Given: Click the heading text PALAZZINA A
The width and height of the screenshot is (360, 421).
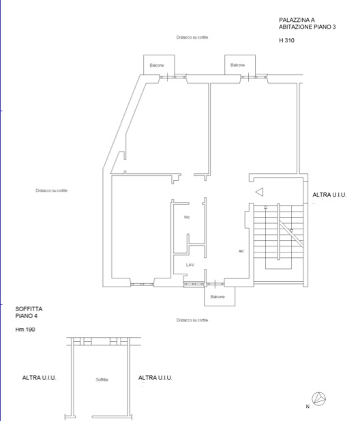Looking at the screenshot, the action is click(x=297, y=20).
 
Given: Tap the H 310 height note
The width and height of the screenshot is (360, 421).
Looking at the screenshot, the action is click(x=286, y=40).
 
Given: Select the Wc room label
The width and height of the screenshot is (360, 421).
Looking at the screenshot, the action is click(x=187, y=217).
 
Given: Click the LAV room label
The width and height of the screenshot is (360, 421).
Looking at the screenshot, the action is click(x=190, y=265).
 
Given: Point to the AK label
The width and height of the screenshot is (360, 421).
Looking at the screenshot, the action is click(x=241, y=251).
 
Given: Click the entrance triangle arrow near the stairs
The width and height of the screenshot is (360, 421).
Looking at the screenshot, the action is click(x=259, y=192).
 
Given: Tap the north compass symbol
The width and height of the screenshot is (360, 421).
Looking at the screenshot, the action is click(x=318, y=399).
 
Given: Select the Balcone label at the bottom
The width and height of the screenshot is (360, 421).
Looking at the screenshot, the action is click(x=217, y=297).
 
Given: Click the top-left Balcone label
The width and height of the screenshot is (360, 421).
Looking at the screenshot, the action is click(x=157, y=66).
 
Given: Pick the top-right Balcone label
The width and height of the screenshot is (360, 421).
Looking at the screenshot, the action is click(x=238, y=65).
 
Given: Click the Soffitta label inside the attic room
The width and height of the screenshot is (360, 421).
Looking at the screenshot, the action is click(x=102, y=379).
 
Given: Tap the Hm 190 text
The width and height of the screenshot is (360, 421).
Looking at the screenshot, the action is click(x=25, y=330).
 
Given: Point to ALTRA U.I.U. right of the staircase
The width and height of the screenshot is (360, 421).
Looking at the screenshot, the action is click(x=329, y=195).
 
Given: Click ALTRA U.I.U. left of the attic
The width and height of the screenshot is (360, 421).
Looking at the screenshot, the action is click(x=39, y=378).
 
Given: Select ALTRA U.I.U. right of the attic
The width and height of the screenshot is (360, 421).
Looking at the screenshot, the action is click(x=155, y=378).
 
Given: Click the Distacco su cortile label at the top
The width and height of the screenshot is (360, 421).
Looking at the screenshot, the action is click(x=192, y=38).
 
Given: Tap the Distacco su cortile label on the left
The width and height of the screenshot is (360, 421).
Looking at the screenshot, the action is click(x=52, y=190).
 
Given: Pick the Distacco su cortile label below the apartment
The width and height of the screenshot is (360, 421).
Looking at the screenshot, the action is click(x=192, y=320).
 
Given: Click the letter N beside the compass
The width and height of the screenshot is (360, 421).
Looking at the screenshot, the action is click(x=307, y=407).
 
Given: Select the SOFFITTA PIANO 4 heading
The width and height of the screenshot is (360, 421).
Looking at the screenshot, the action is click(x=29, y=313).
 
